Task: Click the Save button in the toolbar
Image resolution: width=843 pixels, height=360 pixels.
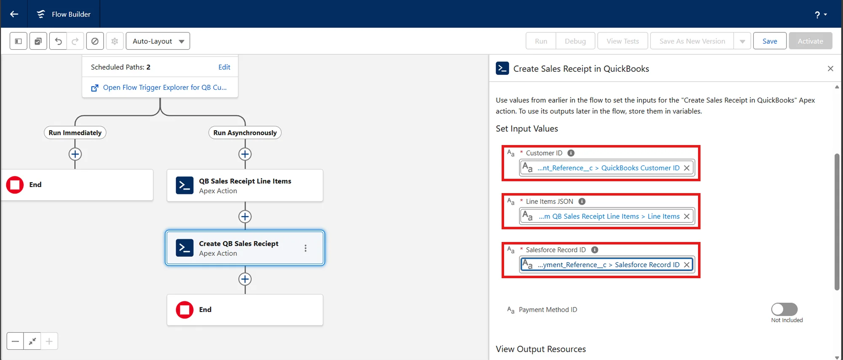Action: click(x=769, y=41)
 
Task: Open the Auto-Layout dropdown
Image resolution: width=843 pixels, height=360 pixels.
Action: click(x=158, y=41)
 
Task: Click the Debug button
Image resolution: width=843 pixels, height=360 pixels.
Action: click(x=575, y=41)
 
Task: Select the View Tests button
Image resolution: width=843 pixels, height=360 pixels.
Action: click(x=622, y=41)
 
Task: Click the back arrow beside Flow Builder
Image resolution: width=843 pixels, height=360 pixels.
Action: click(x=14, y=14)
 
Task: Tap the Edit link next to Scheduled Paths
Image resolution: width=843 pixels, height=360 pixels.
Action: click(x=224, y=67)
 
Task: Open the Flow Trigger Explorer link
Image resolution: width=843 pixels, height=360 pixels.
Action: click(x=164, y=87)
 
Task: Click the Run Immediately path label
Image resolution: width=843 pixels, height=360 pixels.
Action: click(x=75, y=132)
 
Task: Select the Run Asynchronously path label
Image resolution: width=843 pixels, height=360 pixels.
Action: click(x=245, y=132)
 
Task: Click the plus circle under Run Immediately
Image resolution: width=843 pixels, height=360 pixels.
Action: click(x=75, y=154)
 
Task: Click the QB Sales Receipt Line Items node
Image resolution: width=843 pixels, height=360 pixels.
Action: click(x=245, y=185)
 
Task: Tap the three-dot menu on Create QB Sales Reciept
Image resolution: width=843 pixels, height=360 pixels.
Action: click(x=306, y=248)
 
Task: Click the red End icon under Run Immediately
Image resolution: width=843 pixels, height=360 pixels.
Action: click(x=15, y=185)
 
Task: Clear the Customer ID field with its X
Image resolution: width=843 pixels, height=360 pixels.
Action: click(x=687, y=168)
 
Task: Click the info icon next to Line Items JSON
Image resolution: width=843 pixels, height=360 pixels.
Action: click(x=582, y=201)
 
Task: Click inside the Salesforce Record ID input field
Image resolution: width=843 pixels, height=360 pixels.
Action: click(x=607, y=265)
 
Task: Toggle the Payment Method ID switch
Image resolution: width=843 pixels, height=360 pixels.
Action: click(x=784, y=309)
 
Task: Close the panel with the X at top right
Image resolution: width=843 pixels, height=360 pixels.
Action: click(x=830, y=68)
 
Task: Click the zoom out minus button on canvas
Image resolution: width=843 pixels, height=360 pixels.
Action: click(x=15, y=341)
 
